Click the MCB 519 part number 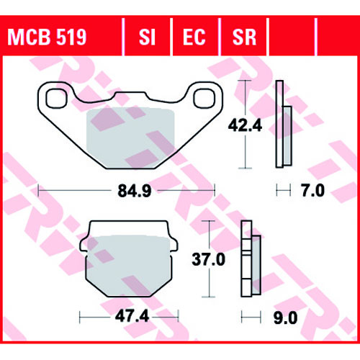pos(47,37)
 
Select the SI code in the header pos(147,37)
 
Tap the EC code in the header pos(194,37)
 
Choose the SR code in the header pos(244,37)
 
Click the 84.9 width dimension pos(135,192)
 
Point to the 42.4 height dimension pos(245,125)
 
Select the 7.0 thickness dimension pos(313,191)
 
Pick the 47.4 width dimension pos(132,317)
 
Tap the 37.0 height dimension pos(208,259)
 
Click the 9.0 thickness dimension pos(286,318)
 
